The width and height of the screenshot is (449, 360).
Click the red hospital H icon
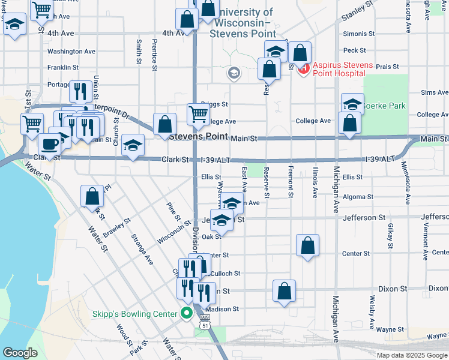coord(303,69)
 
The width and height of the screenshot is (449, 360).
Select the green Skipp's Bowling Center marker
coord(187,313)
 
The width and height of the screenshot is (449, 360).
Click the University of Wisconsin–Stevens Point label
coord(243,23)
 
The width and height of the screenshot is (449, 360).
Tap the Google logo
coord(20,353)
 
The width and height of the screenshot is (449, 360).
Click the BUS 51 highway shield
coord(205,321)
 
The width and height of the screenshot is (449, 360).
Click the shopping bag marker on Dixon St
coord(285,290)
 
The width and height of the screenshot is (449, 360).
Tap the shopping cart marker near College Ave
coord(198,113)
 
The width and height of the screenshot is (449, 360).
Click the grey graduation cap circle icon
coord(234,73)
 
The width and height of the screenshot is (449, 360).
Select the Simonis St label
coord(358,35)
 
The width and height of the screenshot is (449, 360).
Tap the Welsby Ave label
coord(372,312)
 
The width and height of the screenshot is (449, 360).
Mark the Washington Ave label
coord(71,52)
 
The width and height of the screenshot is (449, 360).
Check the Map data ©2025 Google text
coord(412,355)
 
